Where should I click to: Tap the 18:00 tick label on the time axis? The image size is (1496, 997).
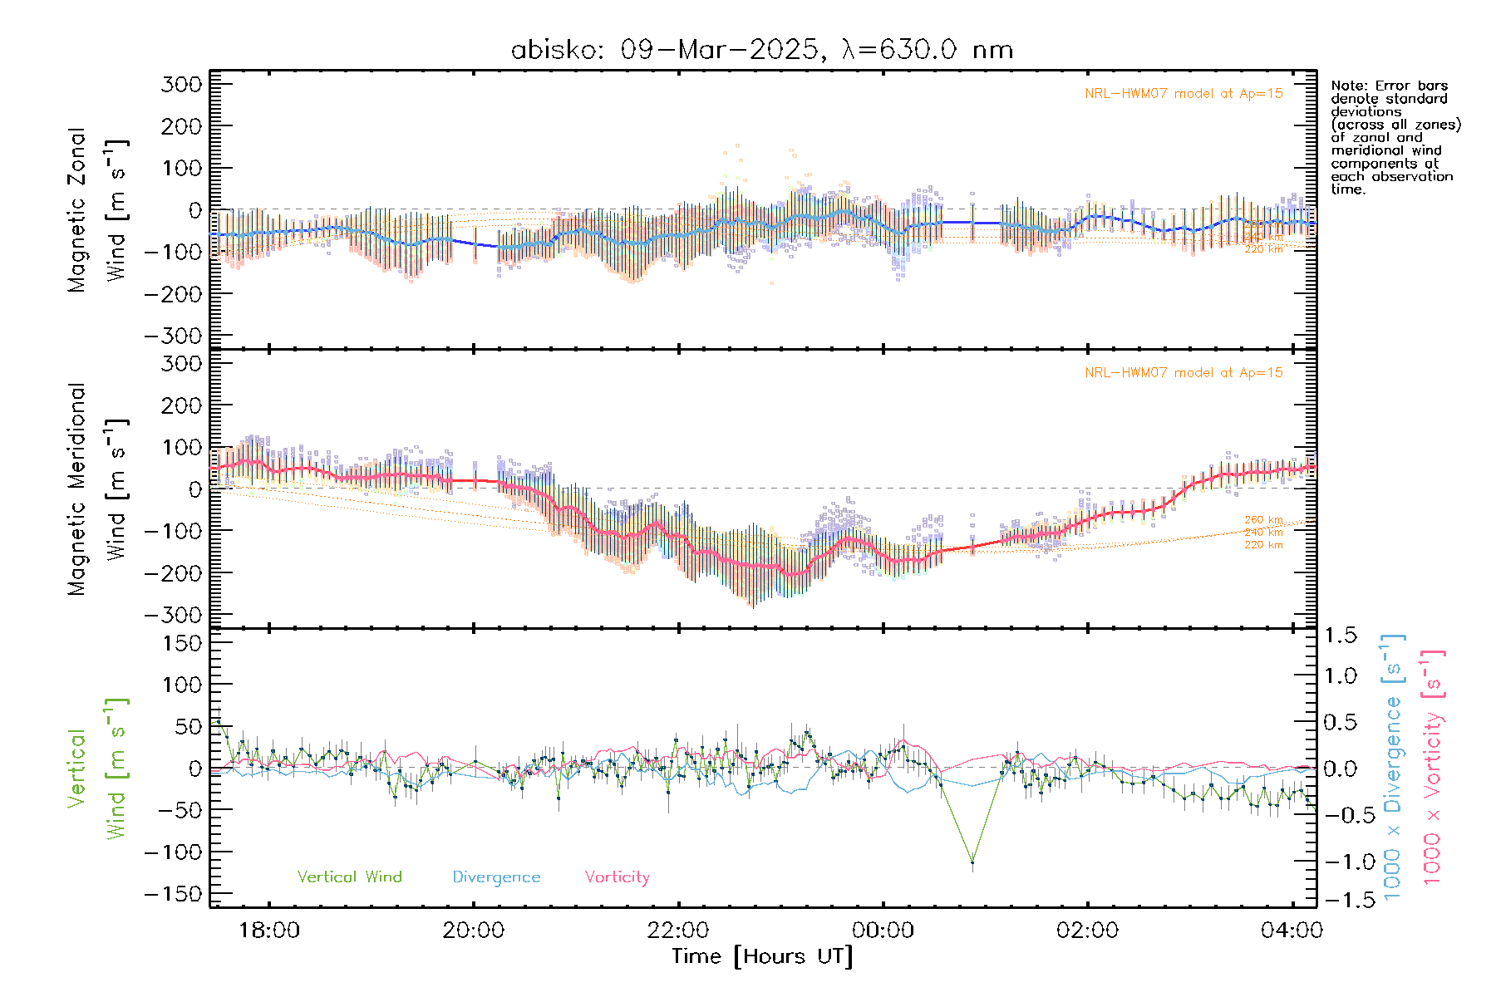[268, 930]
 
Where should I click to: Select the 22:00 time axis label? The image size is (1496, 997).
[678, 930]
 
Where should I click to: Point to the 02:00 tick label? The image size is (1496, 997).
[1087, 930]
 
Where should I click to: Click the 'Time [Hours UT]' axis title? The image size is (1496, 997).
[762, 956]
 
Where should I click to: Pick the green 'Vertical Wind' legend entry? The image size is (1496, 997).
[349, 877]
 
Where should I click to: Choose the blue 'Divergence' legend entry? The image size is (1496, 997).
[496, 877]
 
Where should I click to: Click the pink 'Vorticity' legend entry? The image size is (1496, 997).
[617, 877]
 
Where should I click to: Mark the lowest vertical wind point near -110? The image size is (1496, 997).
[972, 862]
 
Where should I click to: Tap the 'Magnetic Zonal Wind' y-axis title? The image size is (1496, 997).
[98, 210]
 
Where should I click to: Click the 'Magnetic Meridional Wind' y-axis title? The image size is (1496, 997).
[98, 489]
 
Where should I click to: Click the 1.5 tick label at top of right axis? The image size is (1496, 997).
[1340, 636]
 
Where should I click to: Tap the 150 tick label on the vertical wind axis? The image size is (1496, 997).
[183, 643]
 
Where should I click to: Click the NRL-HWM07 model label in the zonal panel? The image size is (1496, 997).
[1184, 94]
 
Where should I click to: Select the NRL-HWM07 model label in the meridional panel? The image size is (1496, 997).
[1184, 373]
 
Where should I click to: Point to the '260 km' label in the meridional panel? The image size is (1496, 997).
[1263, 520]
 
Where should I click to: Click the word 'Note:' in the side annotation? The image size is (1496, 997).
[1347, 86]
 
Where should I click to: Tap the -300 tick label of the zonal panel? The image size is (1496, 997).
[174, 336]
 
